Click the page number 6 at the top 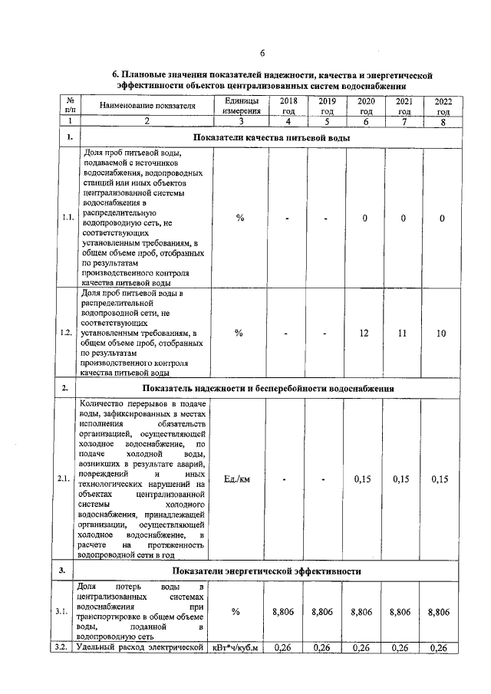[x=262, y=53]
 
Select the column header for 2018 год [x=288, y=106]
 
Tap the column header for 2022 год [x=443, y=106]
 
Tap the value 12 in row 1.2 [x=365, y=333]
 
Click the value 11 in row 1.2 [x=404, y=333]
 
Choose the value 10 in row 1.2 [x=442, y=333]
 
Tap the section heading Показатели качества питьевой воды [x=272, y=138]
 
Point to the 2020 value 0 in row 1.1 [x=365, y=219]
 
